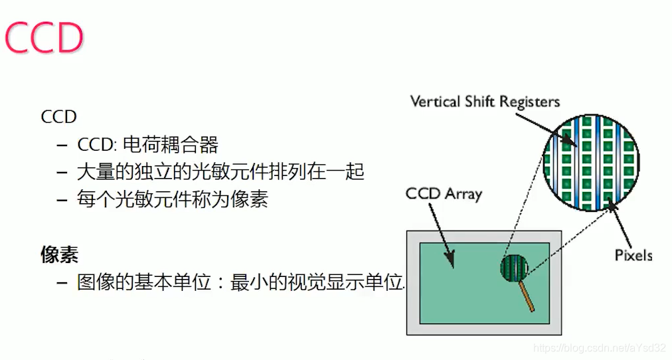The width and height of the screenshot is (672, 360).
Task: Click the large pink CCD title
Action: [x=44, y=39]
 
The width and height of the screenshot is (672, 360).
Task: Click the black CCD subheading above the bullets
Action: [x=59, y=117]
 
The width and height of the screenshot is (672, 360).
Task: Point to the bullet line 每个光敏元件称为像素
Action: [x=172, y=199]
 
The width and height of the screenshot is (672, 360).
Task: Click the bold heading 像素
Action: [x=59, y=254]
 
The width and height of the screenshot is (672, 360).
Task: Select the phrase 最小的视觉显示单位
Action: [x=317, y=282]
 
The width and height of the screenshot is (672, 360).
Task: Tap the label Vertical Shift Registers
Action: [x=485, y=102]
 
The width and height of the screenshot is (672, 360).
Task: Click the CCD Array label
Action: [x=444, y=194]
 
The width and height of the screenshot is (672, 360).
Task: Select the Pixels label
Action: [x=633, y=255]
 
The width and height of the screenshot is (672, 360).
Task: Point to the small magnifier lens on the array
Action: [x=514, y=268]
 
